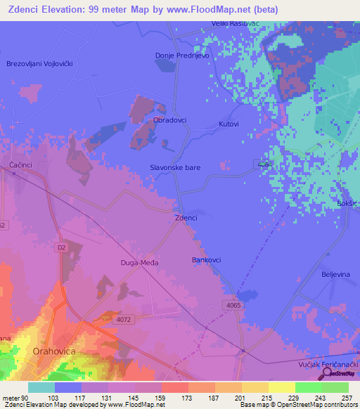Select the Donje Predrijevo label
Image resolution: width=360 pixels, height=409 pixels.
(182, 56)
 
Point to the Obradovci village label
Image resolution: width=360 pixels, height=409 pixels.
(169, 120)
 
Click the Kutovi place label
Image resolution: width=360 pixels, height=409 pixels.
(229, 124)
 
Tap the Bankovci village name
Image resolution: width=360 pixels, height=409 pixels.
(207, 260)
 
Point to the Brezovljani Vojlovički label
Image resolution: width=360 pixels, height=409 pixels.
(40, 63)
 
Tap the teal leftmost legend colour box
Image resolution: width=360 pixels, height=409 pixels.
(41, 387)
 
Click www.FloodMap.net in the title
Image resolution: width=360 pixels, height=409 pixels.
(219, 10)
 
